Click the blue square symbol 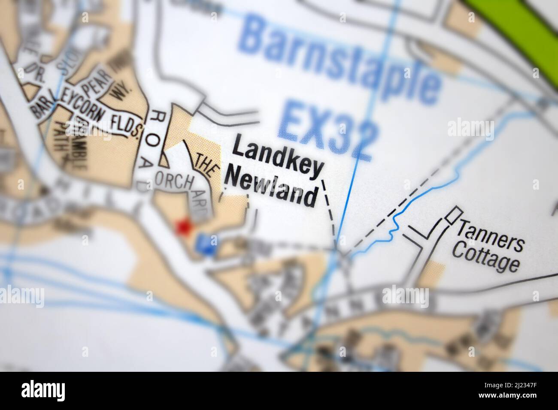point(207,244)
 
